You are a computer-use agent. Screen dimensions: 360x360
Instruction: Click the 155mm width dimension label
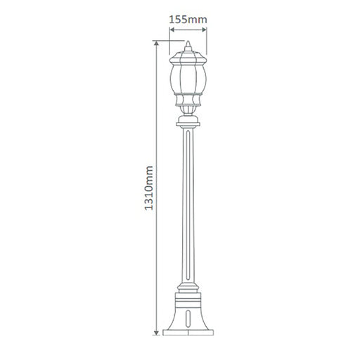click(x=188, y=20)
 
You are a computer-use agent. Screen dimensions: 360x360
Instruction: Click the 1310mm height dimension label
click(x=149, y=188)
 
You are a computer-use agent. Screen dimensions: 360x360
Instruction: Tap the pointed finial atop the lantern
click(x=188, y=46)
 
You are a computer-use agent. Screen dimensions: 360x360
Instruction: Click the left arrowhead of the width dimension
click(x=172, y=30)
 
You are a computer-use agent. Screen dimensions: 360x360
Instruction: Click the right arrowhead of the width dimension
click(x=204, y=30)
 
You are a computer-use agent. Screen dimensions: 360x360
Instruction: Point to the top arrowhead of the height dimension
click(x=156, y=44)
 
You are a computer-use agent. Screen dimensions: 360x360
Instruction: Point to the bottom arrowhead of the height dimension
click(x=156, y=333)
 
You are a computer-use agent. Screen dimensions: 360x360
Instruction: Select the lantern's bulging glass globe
click(x=188, y=78)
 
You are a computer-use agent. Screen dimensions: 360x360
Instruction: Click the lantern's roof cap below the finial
click(x=188, y=58)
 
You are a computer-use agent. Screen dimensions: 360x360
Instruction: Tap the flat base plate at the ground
click(x=188, y=333)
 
